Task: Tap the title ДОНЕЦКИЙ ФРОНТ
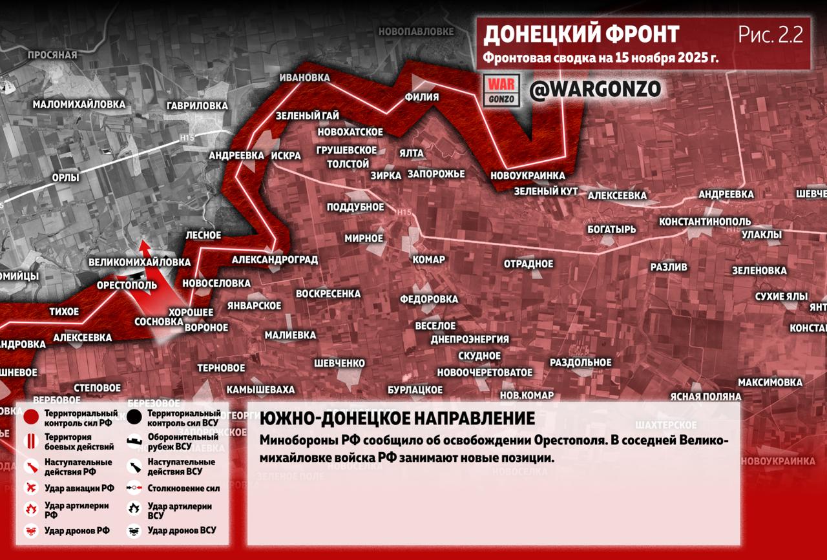581,34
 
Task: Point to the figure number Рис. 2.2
770,35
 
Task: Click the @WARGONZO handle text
595,89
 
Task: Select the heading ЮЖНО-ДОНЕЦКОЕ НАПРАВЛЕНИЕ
397,419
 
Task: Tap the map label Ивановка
304,78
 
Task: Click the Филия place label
421,97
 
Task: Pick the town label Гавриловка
197,105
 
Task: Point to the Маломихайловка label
79,103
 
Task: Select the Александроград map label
275,260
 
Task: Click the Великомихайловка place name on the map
140,262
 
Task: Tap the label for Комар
428,260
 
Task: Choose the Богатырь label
611,229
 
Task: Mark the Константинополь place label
704,222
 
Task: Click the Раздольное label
580,362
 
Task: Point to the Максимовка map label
769,382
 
